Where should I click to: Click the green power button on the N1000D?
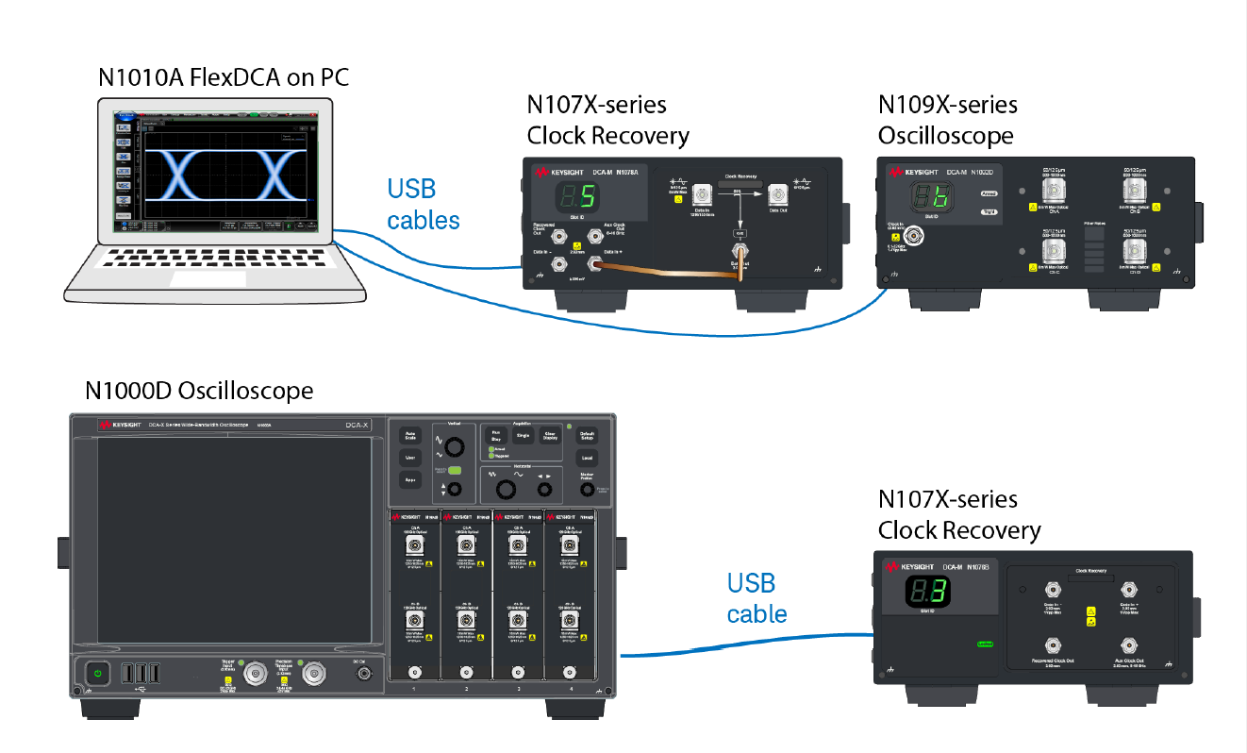click(97, 673)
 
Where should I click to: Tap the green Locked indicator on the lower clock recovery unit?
click(984, 645)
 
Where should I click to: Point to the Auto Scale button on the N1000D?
click(409, 437)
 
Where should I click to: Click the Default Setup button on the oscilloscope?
click(587, 436)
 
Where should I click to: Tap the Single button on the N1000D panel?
click(523, 436)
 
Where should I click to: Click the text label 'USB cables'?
click(424, 204)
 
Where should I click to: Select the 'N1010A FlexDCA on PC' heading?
click(224, 77)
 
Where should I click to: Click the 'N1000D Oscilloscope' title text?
click(199, 391)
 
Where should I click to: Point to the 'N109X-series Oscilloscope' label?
click(947, 120)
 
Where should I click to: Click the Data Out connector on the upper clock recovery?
click(777, 195)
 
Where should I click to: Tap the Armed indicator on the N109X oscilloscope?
click(989, 193)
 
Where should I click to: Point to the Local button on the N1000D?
click(587, 459)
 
